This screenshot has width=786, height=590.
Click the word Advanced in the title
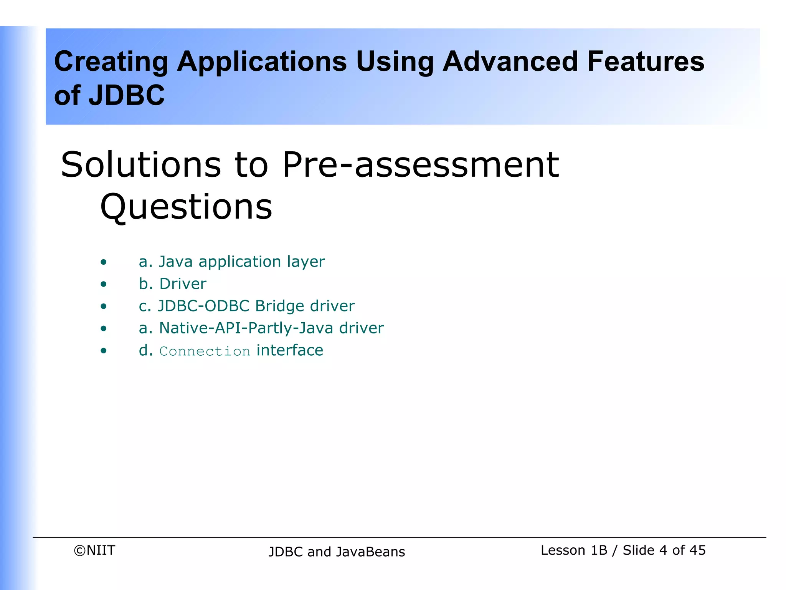[510, 61]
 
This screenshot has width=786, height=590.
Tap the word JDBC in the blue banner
[126, 95]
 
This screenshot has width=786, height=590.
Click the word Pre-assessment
[421, 165]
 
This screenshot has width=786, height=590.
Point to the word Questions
[186, 207]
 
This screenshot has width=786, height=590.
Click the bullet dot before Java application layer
[103, 263]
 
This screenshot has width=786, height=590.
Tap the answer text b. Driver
[172, 284]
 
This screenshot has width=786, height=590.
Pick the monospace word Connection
[205, 351]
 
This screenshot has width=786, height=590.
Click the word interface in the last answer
[290, 350]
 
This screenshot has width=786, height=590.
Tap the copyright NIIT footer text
[94, 550]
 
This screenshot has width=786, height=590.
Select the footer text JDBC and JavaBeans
[337, 552]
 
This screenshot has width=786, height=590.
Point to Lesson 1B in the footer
[574, 550]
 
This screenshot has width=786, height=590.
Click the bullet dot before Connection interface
[103, 351]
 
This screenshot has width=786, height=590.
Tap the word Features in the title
[646, 61]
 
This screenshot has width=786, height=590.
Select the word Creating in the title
[111, 61]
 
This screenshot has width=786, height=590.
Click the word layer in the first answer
[306, 262]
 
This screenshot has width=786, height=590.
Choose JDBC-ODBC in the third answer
[204, 306]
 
